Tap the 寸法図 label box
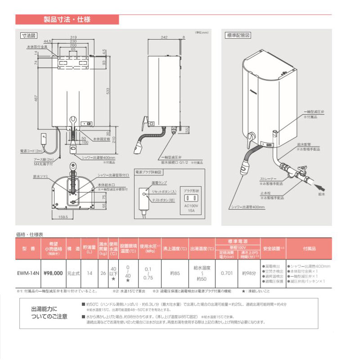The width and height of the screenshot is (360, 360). (28, 35)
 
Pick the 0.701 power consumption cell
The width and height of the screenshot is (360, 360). (227, 272)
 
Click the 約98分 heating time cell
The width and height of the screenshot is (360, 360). (249, 272)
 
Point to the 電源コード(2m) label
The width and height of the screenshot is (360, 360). (31, 151)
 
